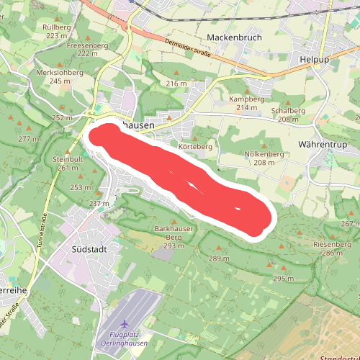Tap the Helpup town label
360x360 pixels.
[x=314, y=60]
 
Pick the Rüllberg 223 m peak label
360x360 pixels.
[x=58, y=31]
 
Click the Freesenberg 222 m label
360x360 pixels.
[x=87, y=49]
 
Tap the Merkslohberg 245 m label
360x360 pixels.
[x=55, y=77]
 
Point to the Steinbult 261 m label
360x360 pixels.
[x=69, y=163]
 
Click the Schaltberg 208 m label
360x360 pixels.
[x=289, y=114]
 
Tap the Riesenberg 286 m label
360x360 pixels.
[x=332, y=248]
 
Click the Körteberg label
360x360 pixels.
[x=196, y=147]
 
